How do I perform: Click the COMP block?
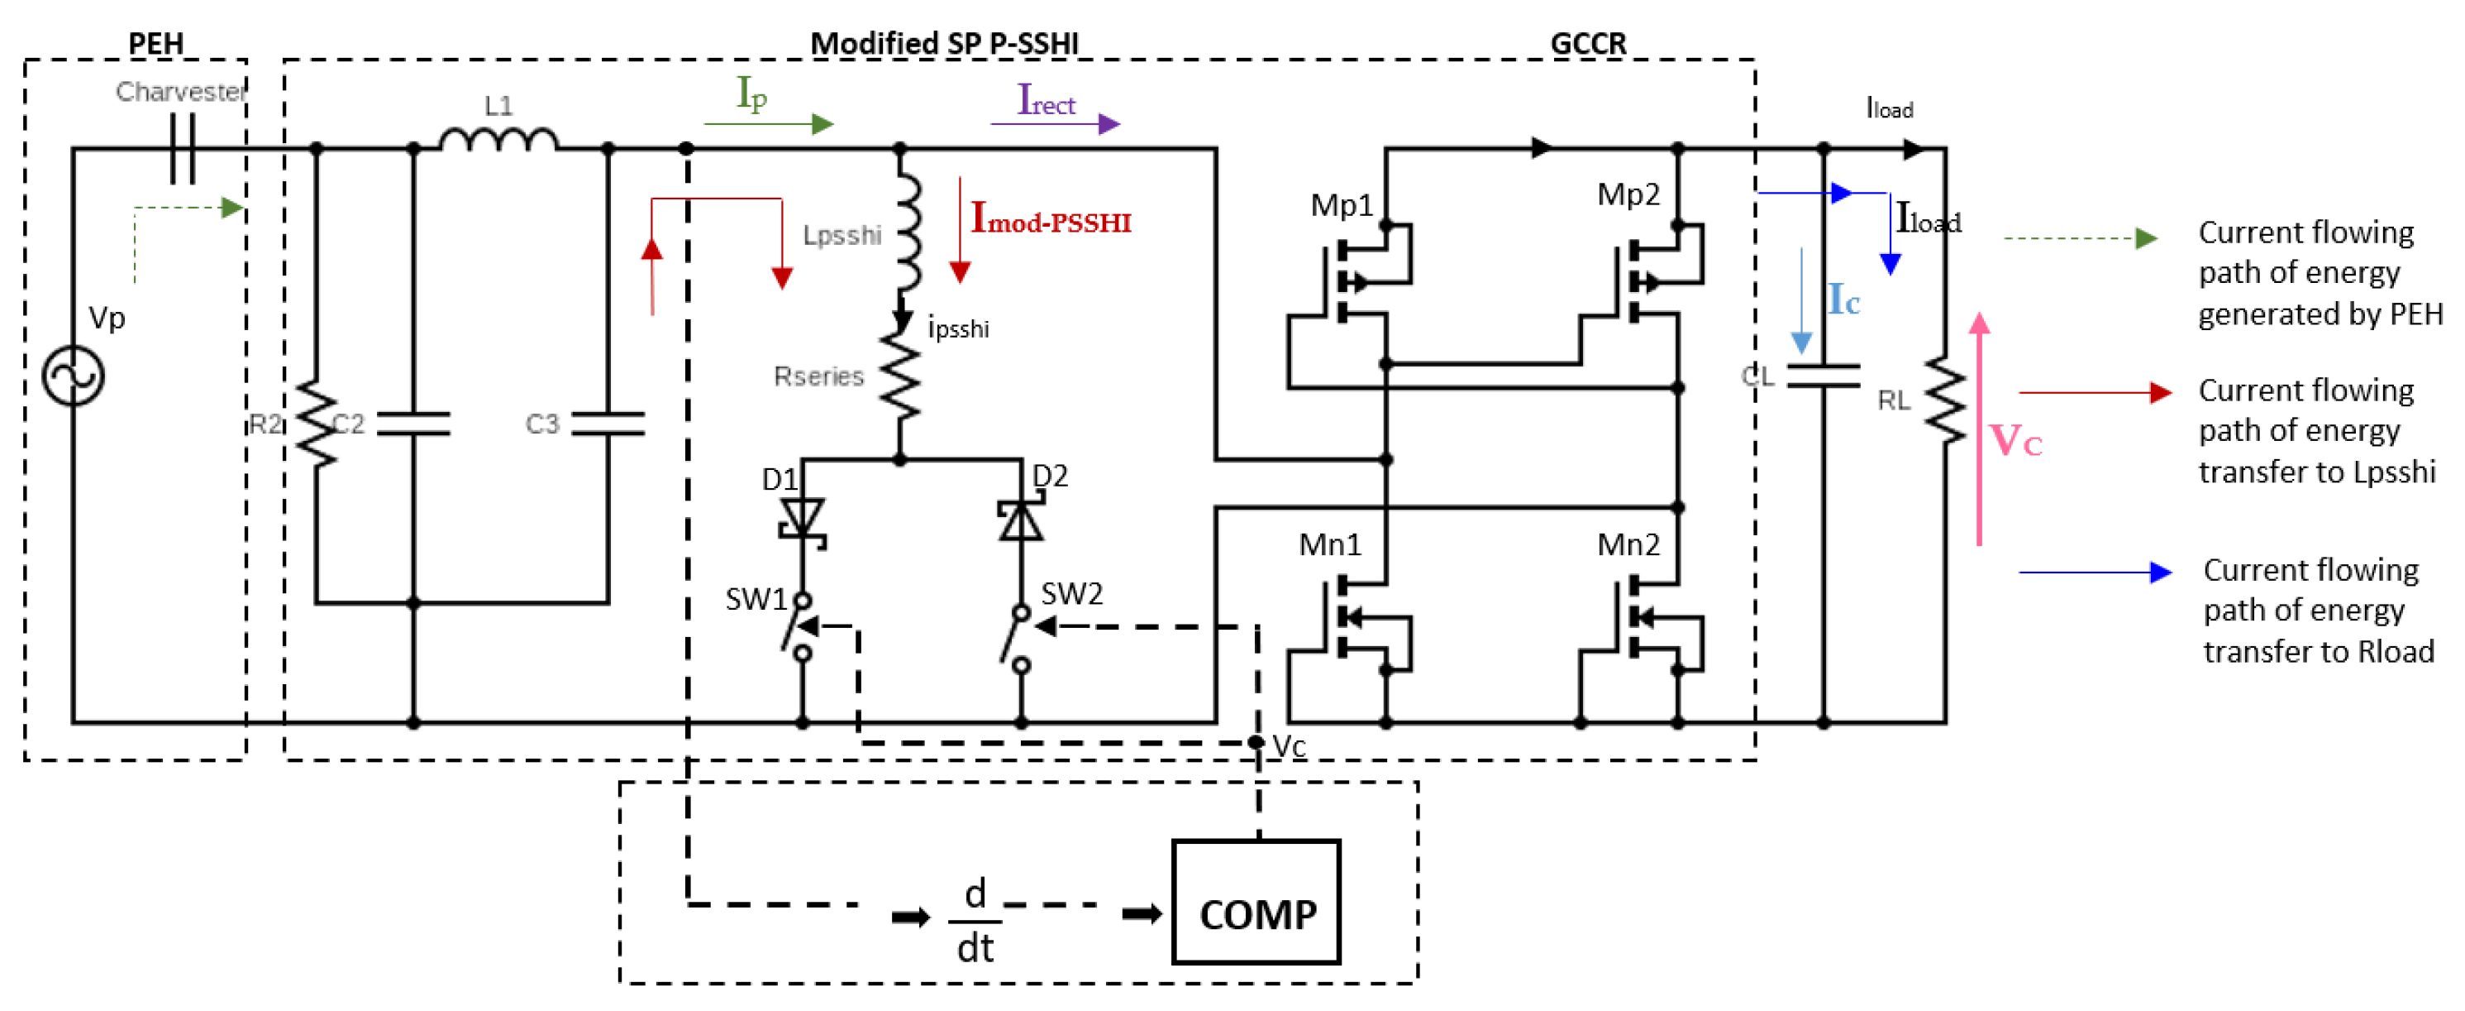(x=1256, y=901)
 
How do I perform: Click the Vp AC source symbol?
(x=73, y=376)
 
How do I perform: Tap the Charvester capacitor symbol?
(x=182, y=148)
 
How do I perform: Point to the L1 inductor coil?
(x=498, y=140)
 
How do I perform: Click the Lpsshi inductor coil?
(x=906, y=233)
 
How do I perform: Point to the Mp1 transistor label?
(x=1342, y=205)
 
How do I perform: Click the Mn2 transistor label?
(x=1628, y=544)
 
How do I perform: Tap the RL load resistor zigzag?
(x=1945, y=400)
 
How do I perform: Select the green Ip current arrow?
(x=769, y=123)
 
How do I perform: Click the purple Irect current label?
(x=1046, y=101)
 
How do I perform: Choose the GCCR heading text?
(x=1587, y=43)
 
